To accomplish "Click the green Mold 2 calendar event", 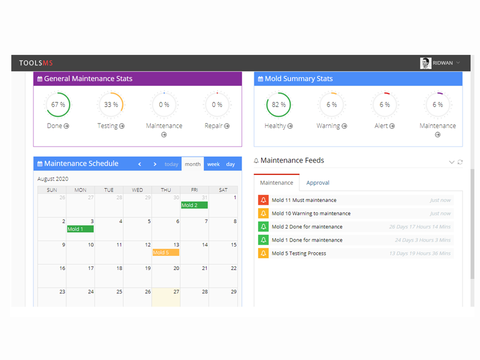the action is [x=194, y=205].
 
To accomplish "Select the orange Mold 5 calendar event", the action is [x=165, y=253].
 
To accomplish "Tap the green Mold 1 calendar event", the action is [x=80, y=229].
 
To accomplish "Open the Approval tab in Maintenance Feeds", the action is [x=318, y=183].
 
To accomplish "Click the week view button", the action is [x=213, y=165].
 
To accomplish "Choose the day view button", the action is [x=231, y=165].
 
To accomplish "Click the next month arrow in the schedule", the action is [x=155, y=165].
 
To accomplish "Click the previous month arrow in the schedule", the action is [x=140, y=165].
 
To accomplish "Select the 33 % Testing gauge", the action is [x=123, y=105].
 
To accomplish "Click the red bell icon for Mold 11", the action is [x=263, y=200].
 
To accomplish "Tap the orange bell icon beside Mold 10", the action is [x=263, y=213].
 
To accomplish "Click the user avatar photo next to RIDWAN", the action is [x=426, y=63].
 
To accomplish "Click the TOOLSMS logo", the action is [x=36, y=63].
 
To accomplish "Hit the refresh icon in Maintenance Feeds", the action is [x=460, y=162].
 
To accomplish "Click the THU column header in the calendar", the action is [x=166, y=190].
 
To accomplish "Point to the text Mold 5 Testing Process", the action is [x=299, y=254].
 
